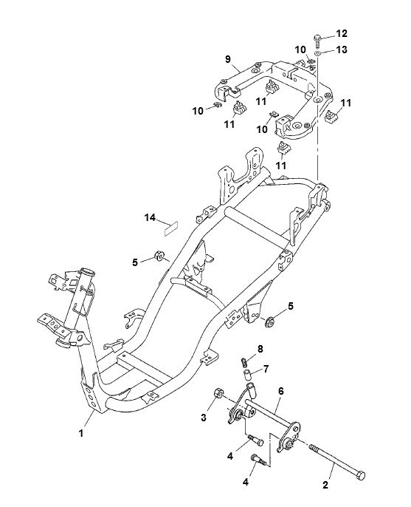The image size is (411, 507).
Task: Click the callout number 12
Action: pyautogui.click(x=341, y=33)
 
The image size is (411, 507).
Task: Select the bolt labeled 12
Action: pyautogui.click(x=317, y=41)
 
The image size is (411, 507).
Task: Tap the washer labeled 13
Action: pyautogui.click(x=318, y=53)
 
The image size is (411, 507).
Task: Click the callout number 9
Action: pyautogui.click(x=227, y=59)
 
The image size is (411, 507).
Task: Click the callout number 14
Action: pyautogui.click(x=150, y=217)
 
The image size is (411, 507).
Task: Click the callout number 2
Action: pyautogui.click(x=325, y=484)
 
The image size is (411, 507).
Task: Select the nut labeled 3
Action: pyautogui.click(x=218, y=394)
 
